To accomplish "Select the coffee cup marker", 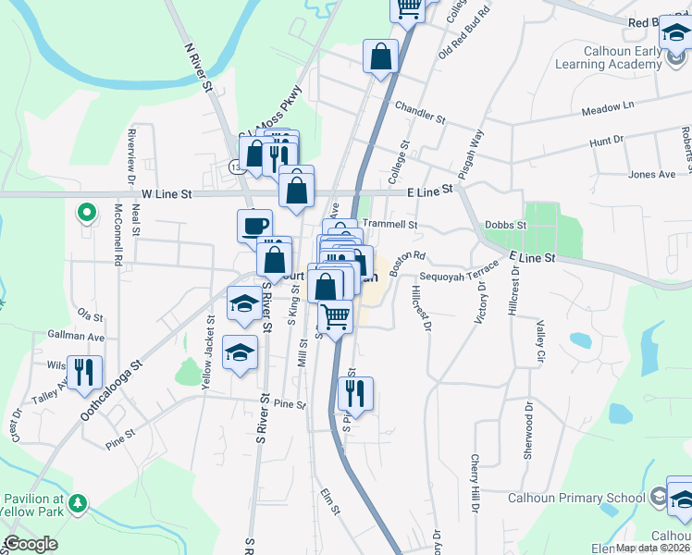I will (254, 225).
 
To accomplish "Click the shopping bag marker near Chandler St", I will (380, 57).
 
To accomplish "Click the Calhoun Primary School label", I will (576, 498).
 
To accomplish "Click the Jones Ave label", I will (652, 174).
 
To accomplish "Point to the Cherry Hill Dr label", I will (476, 483).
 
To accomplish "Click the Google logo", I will (31, 545).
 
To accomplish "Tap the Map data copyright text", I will (652, 548).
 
